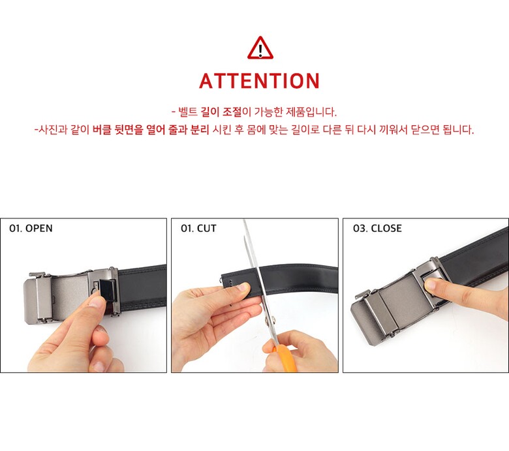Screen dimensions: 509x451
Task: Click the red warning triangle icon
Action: [260, 48]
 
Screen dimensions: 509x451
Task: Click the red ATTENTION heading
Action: [259, 81]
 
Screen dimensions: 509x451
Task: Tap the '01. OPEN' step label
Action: [31, 228]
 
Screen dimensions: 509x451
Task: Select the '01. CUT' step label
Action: [198, 228]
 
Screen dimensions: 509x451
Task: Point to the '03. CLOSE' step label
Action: [377, 228]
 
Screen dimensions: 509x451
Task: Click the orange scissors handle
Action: [286, 359]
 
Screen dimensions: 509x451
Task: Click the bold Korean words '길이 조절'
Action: [221, 112]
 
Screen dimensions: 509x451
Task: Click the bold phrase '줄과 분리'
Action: [189, 130]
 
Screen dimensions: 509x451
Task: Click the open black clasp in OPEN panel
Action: [108, 289]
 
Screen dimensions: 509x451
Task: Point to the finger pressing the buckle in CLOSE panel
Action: [461, 292]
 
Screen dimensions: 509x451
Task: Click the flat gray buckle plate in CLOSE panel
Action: [400, 303]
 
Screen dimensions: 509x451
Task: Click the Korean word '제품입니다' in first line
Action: [311, 112]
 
